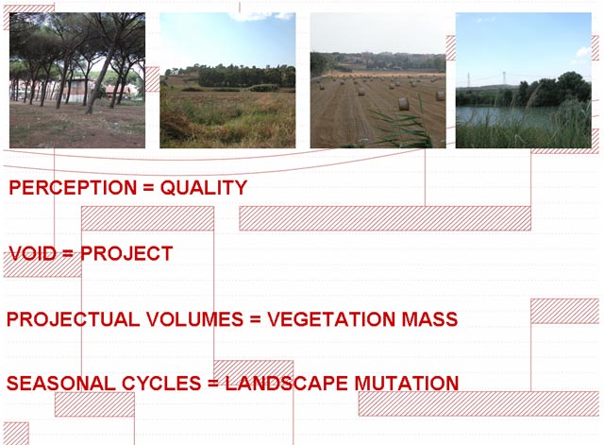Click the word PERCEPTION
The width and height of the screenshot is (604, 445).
point(73,187)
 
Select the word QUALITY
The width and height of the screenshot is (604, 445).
point(204,188)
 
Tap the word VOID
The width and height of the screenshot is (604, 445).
point(32,253)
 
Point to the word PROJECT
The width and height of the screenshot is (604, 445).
point(126,253)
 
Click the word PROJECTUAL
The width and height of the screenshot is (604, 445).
point(74,319)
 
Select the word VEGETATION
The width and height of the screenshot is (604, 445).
point(331,319)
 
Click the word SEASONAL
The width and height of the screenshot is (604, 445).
point(60,384)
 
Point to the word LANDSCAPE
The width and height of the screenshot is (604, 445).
point(286,384)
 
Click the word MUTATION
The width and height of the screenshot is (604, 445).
point(406,384)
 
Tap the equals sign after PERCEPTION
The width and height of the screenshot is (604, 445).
point(148,188)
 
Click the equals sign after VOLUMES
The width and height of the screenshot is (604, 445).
point(256,320)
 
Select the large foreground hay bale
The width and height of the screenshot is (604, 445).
point(403,104)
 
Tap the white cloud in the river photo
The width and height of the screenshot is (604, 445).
point(583,51)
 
